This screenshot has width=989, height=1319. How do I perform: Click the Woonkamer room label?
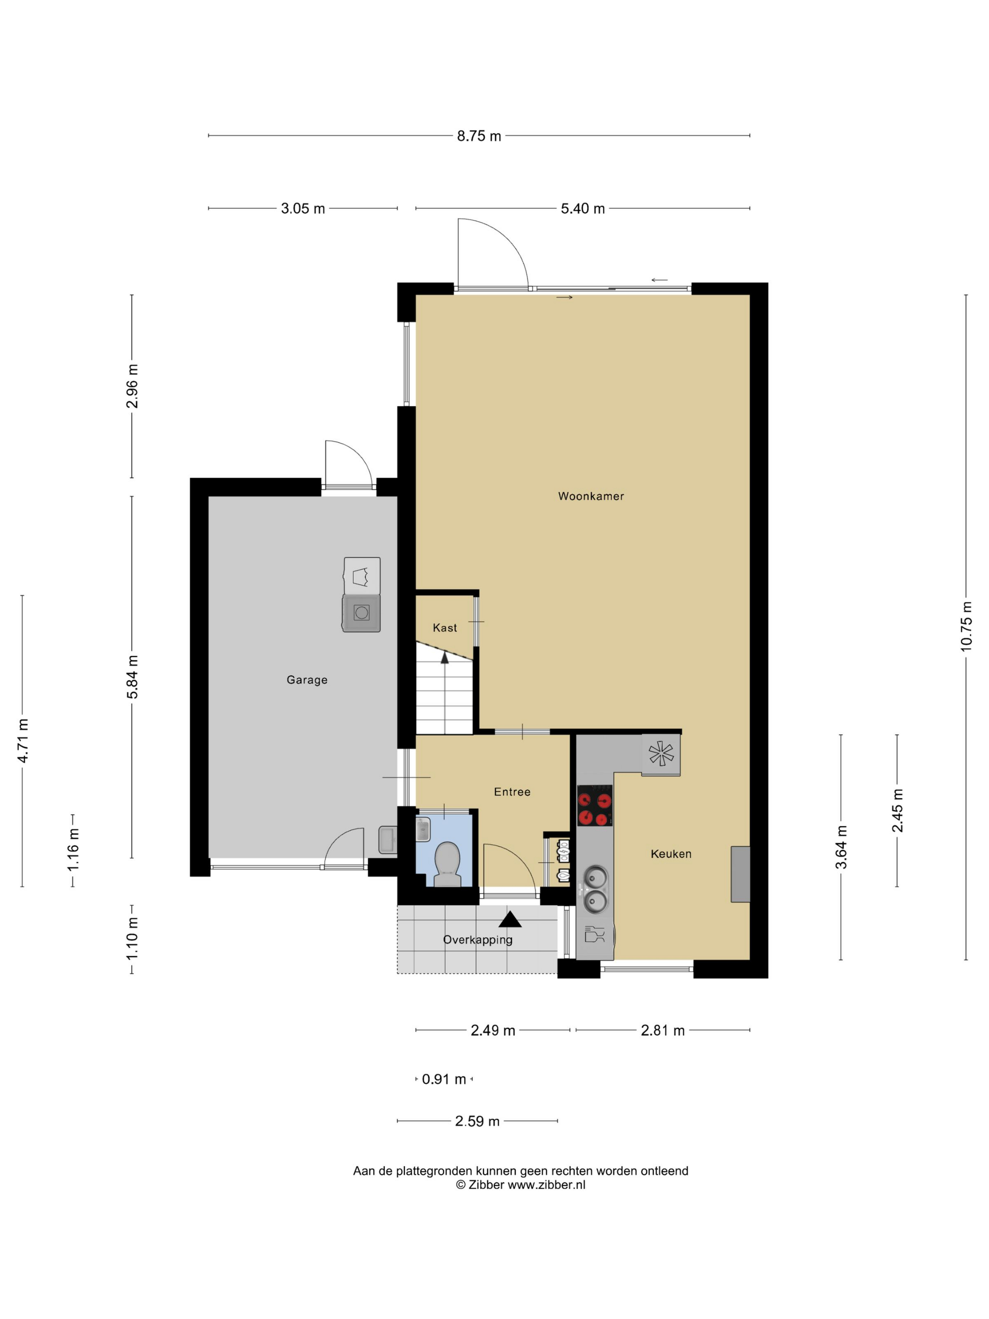point(591,496)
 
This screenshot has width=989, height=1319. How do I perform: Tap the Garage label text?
point(307,680)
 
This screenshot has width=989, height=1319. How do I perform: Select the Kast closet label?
point(445,628)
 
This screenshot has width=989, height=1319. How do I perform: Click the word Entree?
point(512,792)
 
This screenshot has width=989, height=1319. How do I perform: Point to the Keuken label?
point(671,854)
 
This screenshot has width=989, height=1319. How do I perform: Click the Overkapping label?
point(478,940)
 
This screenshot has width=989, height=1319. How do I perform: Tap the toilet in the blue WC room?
point(447,863)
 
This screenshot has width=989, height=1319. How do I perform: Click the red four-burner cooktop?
point(594,806)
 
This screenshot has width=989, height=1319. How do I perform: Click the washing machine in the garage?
point(361,612)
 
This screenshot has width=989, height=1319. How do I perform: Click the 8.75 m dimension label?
point(478,136)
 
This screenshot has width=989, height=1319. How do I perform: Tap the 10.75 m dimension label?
point(966,626)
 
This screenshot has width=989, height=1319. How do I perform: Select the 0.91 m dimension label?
point(444,1079)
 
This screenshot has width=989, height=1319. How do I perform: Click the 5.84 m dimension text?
point(132,677)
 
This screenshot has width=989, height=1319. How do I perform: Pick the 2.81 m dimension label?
point(662,1030)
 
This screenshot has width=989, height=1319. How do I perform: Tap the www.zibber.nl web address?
point(546,1185)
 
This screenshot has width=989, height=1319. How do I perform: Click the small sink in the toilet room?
point(422,830)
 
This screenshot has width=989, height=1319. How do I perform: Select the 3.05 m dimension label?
point(303,209)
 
